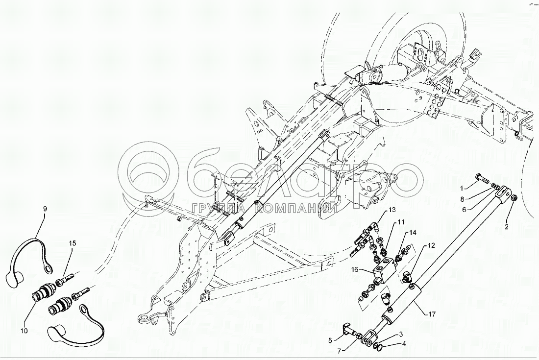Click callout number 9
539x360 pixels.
(x=45, y=209)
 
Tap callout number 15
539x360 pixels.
(x=73, y=243)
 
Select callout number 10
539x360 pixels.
(x=24, y=331)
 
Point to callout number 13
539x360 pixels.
(x=392, y=210)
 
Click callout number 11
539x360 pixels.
(x=401, y=222)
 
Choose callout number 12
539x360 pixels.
(x=431, y=245)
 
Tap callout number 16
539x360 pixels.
(x=355, y=270)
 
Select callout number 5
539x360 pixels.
(x=330, y=339)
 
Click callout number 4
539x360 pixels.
(x=404, y=343)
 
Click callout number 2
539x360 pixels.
(x=507, y=227)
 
